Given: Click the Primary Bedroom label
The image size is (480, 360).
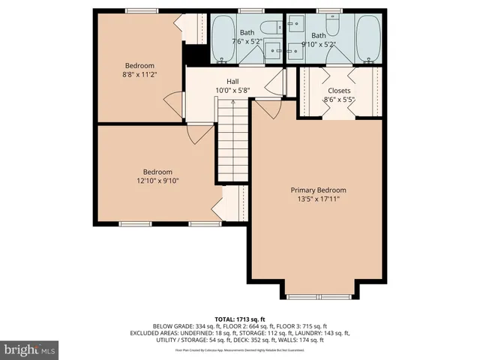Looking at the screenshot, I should coord(318,190).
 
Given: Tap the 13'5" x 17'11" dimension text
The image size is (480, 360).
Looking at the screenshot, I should coord(318,199).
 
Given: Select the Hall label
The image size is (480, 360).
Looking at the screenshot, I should coord(232,81).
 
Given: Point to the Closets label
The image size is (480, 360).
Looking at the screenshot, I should coord(339,91).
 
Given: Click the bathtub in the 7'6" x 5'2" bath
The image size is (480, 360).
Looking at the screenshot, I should coord(223,38).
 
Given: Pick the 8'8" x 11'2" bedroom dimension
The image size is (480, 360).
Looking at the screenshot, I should coord(139,75).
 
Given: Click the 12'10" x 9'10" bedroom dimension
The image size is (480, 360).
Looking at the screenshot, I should coord(157,180).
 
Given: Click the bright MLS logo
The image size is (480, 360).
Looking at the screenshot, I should coord(30,349).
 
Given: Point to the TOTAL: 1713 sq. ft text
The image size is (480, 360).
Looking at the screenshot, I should coord(240,318).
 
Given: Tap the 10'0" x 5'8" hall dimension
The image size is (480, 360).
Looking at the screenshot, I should coord(232,90).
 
